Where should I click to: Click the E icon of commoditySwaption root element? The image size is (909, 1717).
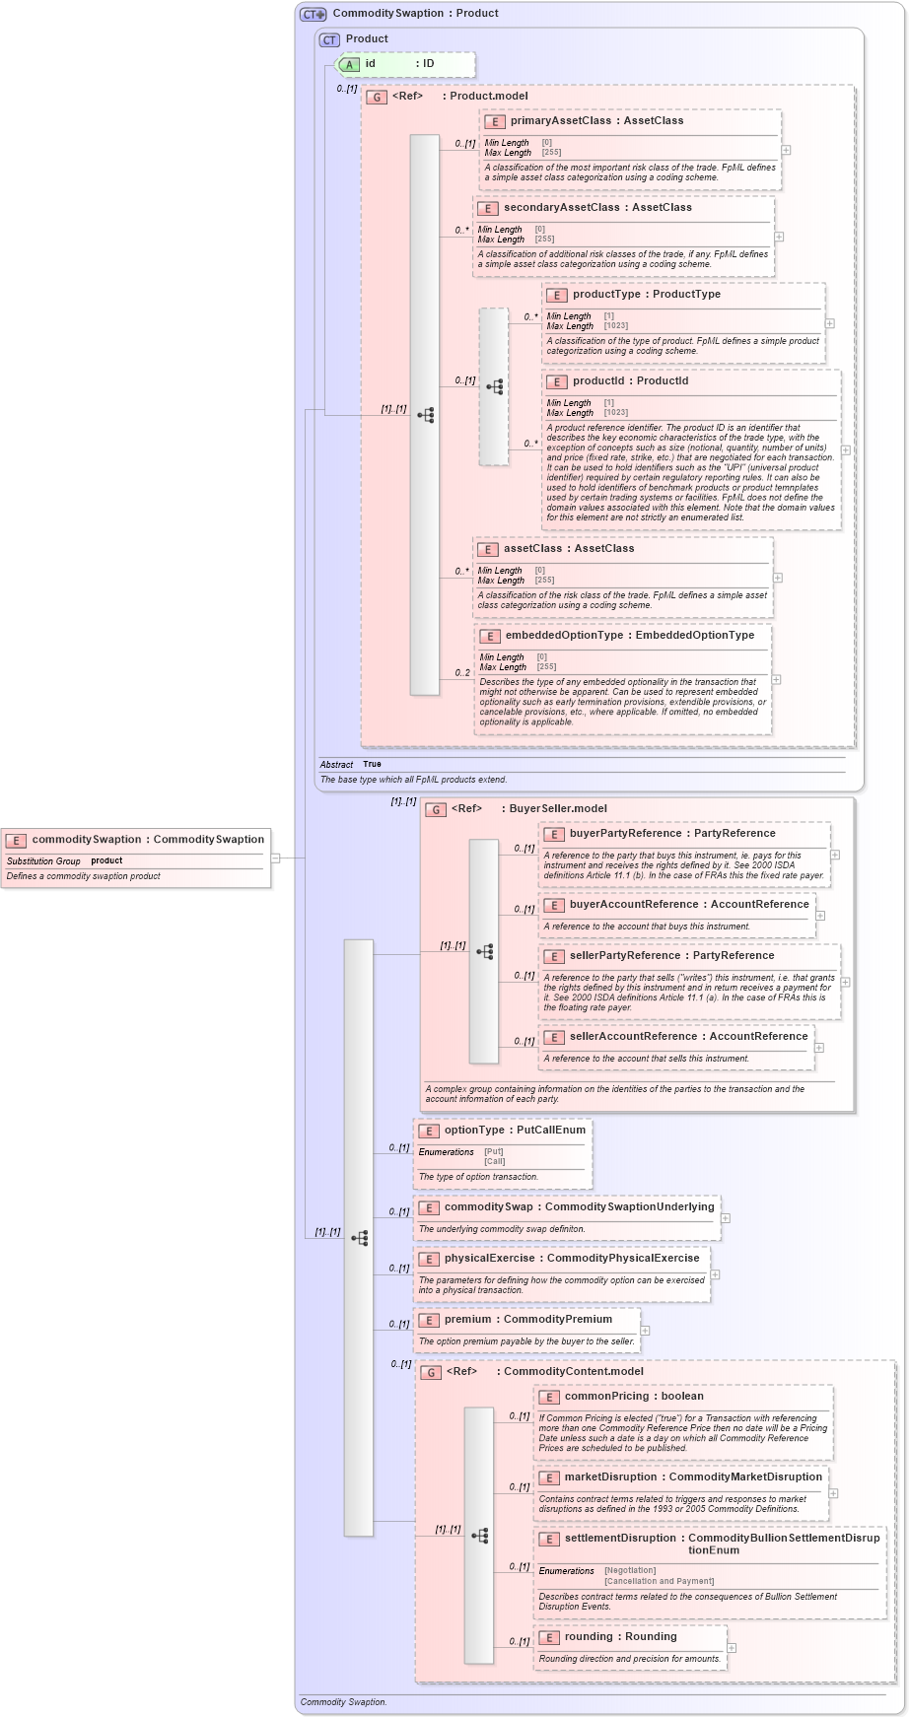click(x=15, y=840)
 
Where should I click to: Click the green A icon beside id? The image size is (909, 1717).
click(x=349, y=64)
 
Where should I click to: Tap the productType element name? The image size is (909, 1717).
click(x=606, y=295)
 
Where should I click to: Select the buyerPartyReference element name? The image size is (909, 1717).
click(x=624, y=834)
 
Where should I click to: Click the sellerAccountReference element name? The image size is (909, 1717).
click(x=633, y=1037)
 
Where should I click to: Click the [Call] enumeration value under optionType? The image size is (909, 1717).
click(x=495, y=1161)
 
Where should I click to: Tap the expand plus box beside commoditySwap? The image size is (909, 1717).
click(x=726, y=1218)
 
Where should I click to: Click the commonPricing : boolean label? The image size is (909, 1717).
click(x=634, y=1397)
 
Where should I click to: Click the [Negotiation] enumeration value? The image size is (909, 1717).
click(x=630, y=1570)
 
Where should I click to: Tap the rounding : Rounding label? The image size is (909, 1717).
click(x=620, y=1637)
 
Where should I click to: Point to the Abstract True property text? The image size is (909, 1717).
click(x=351, y=764)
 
